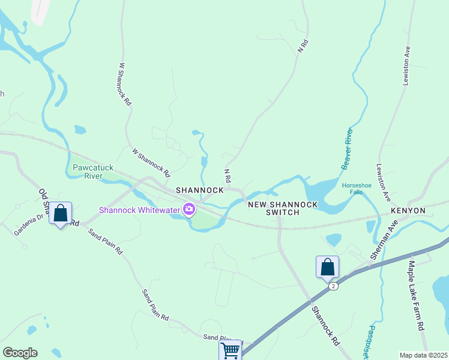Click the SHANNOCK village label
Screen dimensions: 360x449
point(199,190)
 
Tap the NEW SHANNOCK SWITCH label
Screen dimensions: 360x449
point(283,208)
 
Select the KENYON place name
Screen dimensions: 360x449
point(408,211)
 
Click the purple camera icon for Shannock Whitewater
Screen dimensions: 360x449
point(189,209)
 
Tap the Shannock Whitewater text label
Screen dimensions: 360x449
point(139,209)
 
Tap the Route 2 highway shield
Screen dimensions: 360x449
point(333,286)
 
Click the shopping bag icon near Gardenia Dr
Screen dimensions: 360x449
point(60,214)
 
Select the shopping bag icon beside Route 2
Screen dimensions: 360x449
point(327,266)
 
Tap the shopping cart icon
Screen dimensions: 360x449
point(231,350)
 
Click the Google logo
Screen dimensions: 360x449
point(20,353)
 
